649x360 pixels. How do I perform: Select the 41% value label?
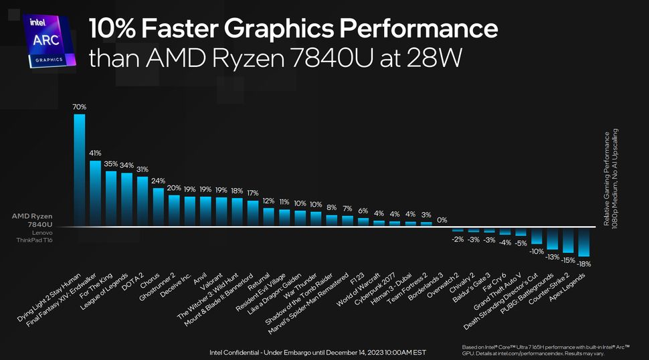pos(95,153)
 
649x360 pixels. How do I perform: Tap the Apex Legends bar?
pos(584,242)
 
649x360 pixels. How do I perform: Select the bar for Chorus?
pos(158,206)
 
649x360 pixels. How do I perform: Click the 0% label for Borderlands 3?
pos(442,219)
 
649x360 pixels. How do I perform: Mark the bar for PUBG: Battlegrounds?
pos(553,238)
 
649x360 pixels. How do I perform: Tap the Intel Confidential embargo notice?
pos(317,352)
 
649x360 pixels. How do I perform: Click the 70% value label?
pos(79,106)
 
